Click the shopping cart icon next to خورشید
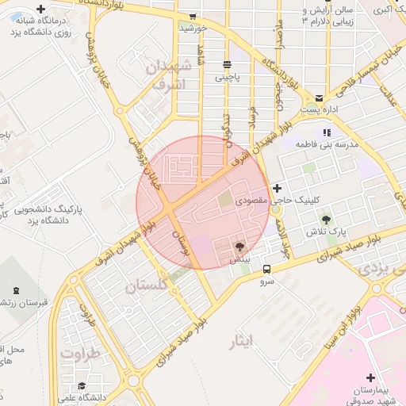click(193, 16)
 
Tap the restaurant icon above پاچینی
click(228, 65)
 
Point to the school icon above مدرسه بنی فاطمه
click(326, 132)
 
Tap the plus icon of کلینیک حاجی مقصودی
click(277, 188)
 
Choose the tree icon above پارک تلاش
click(327, 218)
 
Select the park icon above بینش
click(240, 247)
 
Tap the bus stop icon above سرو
click(266, 268)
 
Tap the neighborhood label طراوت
click(82, 353)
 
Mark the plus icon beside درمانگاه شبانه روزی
click(40, 9)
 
